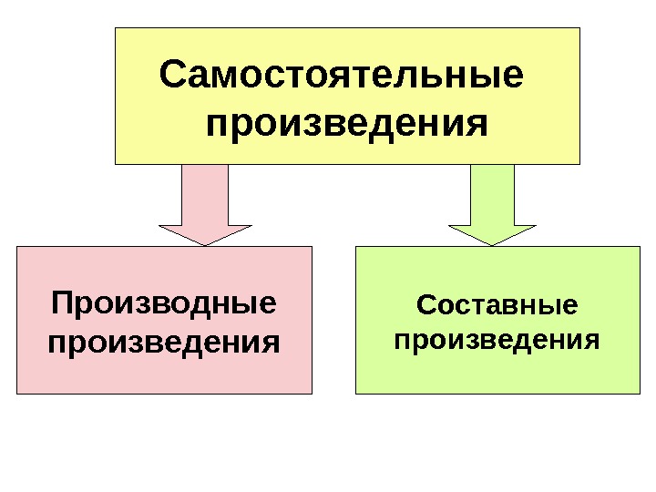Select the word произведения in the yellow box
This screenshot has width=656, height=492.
pyautogui.click(x=347, y=123)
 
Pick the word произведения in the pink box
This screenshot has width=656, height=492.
pyautogui.click(x=164, y=343)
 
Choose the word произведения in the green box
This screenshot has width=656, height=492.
pyautogui.click(x=497, y=342)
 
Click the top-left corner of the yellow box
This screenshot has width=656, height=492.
pyautogui.click(x=116, y=28)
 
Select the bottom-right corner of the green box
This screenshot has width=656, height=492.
pyautogui.click(x=640, y=393)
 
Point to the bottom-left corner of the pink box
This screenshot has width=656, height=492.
pyautogui.click(x=17, y=393)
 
